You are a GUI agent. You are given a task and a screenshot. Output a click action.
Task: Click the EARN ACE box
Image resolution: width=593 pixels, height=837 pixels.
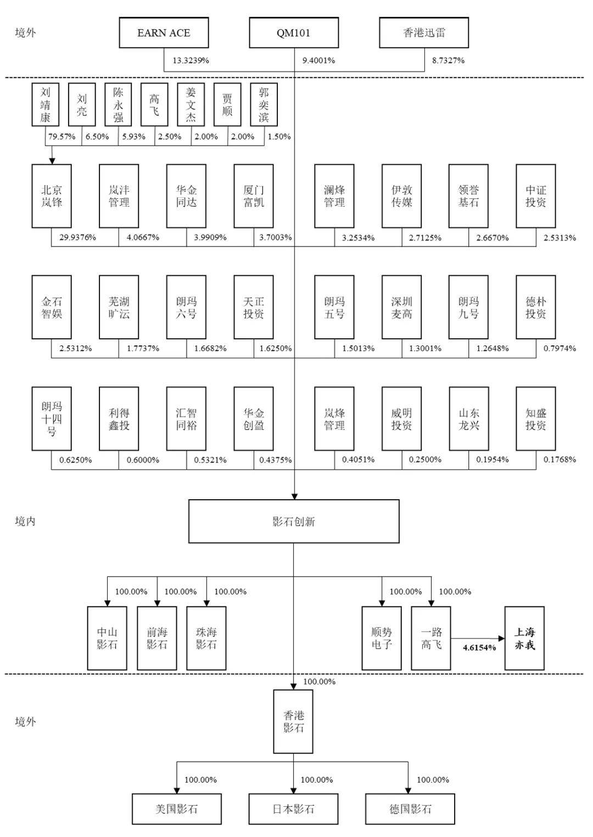tap(164, 33)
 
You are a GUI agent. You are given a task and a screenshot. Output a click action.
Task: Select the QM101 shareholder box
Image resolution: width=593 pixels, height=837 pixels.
tap(294, 33)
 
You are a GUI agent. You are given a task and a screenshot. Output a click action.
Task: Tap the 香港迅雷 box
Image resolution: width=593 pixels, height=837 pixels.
tap(424, 33)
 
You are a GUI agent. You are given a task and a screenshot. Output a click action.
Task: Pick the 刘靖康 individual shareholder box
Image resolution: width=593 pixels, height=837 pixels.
tap(45, 104)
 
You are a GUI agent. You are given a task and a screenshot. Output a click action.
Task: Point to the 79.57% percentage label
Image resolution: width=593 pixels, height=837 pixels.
tap(61, 137)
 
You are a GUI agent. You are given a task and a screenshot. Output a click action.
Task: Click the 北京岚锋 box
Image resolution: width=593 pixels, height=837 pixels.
tap(52, 196)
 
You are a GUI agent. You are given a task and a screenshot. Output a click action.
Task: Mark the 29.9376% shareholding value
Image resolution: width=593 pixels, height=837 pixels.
tap(77, 238)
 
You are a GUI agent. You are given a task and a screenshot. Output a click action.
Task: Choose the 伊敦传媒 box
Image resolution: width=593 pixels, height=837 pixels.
tap(401, 196)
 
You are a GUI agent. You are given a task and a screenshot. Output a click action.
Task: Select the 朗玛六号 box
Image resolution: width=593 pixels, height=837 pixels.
tap(186, 308)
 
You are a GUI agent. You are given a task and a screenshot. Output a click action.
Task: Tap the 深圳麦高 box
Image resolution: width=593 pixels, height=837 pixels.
tap(401, 308)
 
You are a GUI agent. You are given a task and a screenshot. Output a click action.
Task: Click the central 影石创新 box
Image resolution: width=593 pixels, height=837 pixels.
tap(294, 522)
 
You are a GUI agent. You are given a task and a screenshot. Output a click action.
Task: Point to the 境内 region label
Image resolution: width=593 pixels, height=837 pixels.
tap(25, 521)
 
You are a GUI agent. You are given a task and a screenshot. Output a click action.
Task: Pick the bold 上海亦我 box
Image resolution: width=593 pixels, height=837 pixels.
tap(524, 639)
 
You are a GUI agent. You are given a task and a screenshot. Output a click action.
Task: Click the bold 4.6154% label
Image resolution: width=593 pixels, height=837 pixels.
tap(479, 648)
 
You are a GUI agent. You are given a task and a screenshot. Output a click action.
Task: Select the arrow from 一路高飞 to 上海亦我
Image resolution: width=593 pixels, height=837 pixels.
tap(478, 638)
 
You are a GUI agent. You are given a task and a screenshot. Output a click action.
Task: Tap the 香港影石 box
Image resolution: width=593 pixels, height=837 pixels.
tap(294, 722)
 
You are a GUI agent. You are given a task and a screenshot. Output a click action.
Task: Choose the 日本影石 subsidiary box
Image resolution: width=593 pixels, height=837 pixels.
tap(294, 809)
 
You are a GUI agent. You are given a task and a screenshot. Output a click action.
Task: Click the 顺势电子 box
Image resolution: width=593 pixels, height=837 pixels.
tap(382, 639)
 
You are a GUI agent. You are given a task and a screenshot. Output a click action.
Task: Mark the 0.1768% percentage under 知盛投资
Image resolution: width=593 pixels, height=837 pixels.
tap(560, 460)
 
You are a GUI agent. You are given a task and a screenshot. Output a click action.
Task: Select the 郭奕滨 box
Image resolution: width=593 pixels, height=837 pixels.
tap(264, 104)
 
